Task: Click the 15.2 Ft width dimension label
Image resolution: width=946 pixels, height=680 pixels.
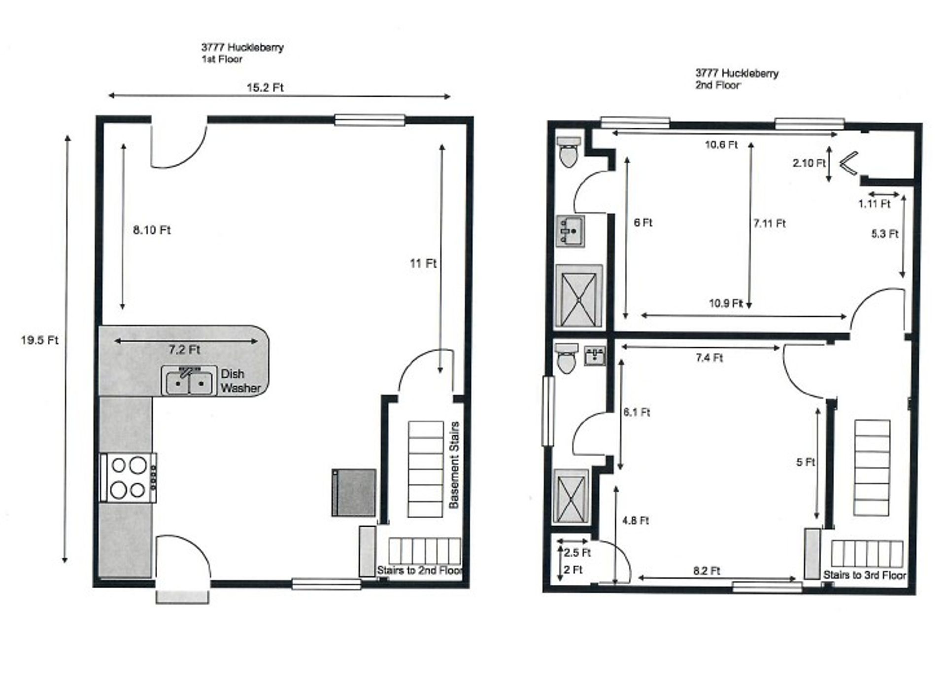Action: click(265, 88)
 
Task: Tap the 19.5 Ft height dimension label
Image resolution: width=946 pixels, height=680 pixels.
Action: click(39, 340)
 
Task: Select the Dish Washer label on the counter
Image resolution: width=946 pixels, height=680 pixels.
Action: click(240, 381)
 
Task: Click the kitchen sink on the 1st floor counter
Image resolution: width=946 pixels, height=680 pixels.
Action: click(189, 381)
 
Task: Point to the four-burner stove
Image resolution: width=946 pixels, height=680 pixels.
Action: click(129, 478)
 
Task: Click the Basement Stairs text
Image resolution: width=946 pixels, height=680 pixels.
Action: click(454, 465)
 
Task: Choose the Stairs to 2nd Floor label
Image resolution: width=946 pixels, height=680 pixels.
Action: click(419, 571)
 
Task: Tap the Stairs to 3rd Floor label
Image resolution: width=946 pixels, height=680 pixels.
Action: click(865, 575)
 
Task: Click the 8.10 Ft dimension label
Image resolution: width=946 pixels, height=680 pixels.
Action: click(152, 230)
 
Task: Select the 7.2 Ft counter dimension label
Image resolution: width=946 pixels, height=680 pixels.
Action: click(184, 350)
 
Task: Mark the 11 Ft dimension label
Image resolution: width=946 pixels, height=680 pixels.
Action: click(423, 263)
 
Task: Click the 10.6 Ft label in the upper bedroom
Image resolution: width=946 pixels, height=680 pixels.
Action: click(721, 144)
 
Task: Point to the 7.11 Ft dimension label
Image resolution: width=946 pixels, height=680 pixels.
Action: click(769, 223)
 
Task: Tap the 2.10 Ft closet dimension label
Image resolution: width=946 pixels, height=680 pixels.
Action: click(809, 163)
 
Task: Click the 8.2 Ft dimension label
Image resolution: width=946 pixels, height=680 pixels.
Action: click(707, 571)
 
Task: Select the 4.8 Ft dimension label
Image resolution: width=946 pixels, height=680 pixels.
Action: click(636, 520)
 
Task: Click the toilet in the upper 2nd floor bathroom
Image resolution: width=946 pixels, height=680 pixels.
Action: click(569, 152)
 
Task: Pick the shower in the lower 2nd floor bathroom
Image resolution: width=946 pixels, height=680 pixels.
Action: click(572, 497)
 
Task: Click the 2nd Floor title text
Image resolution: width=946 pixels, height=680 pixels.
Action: click(717, 85)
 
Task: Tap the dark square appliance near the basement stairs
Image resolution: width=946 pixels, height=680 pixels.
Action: click(354, 493)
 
